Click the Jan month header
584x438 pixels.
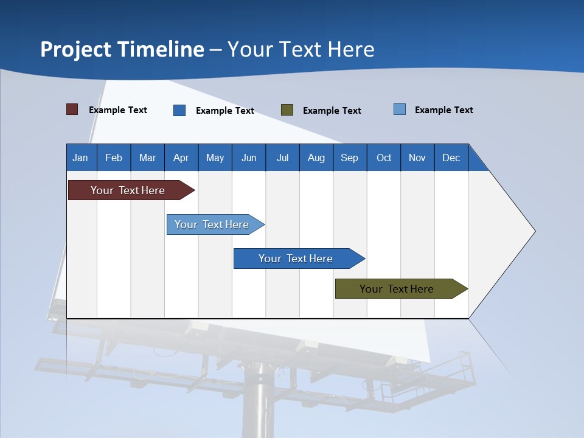pyautogui.click(x=80, y=158)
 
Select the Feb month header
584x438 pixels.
pyautogui.click(x=114, y=158)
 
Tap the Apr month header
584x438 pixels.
pyautogui.click(x=181, y=158)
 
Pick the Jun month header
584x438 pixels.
pyautogui.click(x=249, y=158)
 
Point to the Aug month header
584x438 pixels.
pyautogui.click(x=316, y=158)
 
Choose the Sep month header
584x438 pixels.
pyautogui.click(x=349, y=158)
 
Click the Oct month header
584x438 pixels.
pyautogui.click(x=384, y=158)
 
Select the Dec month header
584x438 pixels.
pyautogui.click(x=451, y=158)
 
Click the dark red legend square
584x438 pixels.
pyautogui.click(x=72, y=109)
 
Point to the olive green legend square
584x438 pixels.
pyautogui.click(x=287, y=109)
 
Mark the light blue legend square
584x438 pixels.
pyautogui.click(x=400, y=109)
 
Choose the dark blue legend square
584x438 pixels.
pyautogui.click(x=179, y=110)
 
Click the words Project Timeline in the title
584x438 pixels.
pyautogui.click(x=122, y=49)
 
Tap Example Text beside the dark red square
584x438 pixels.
pyautogui.click(x=118, y=110)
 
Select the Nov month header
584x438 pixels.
pyautogui.click(x=417, y=158)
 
